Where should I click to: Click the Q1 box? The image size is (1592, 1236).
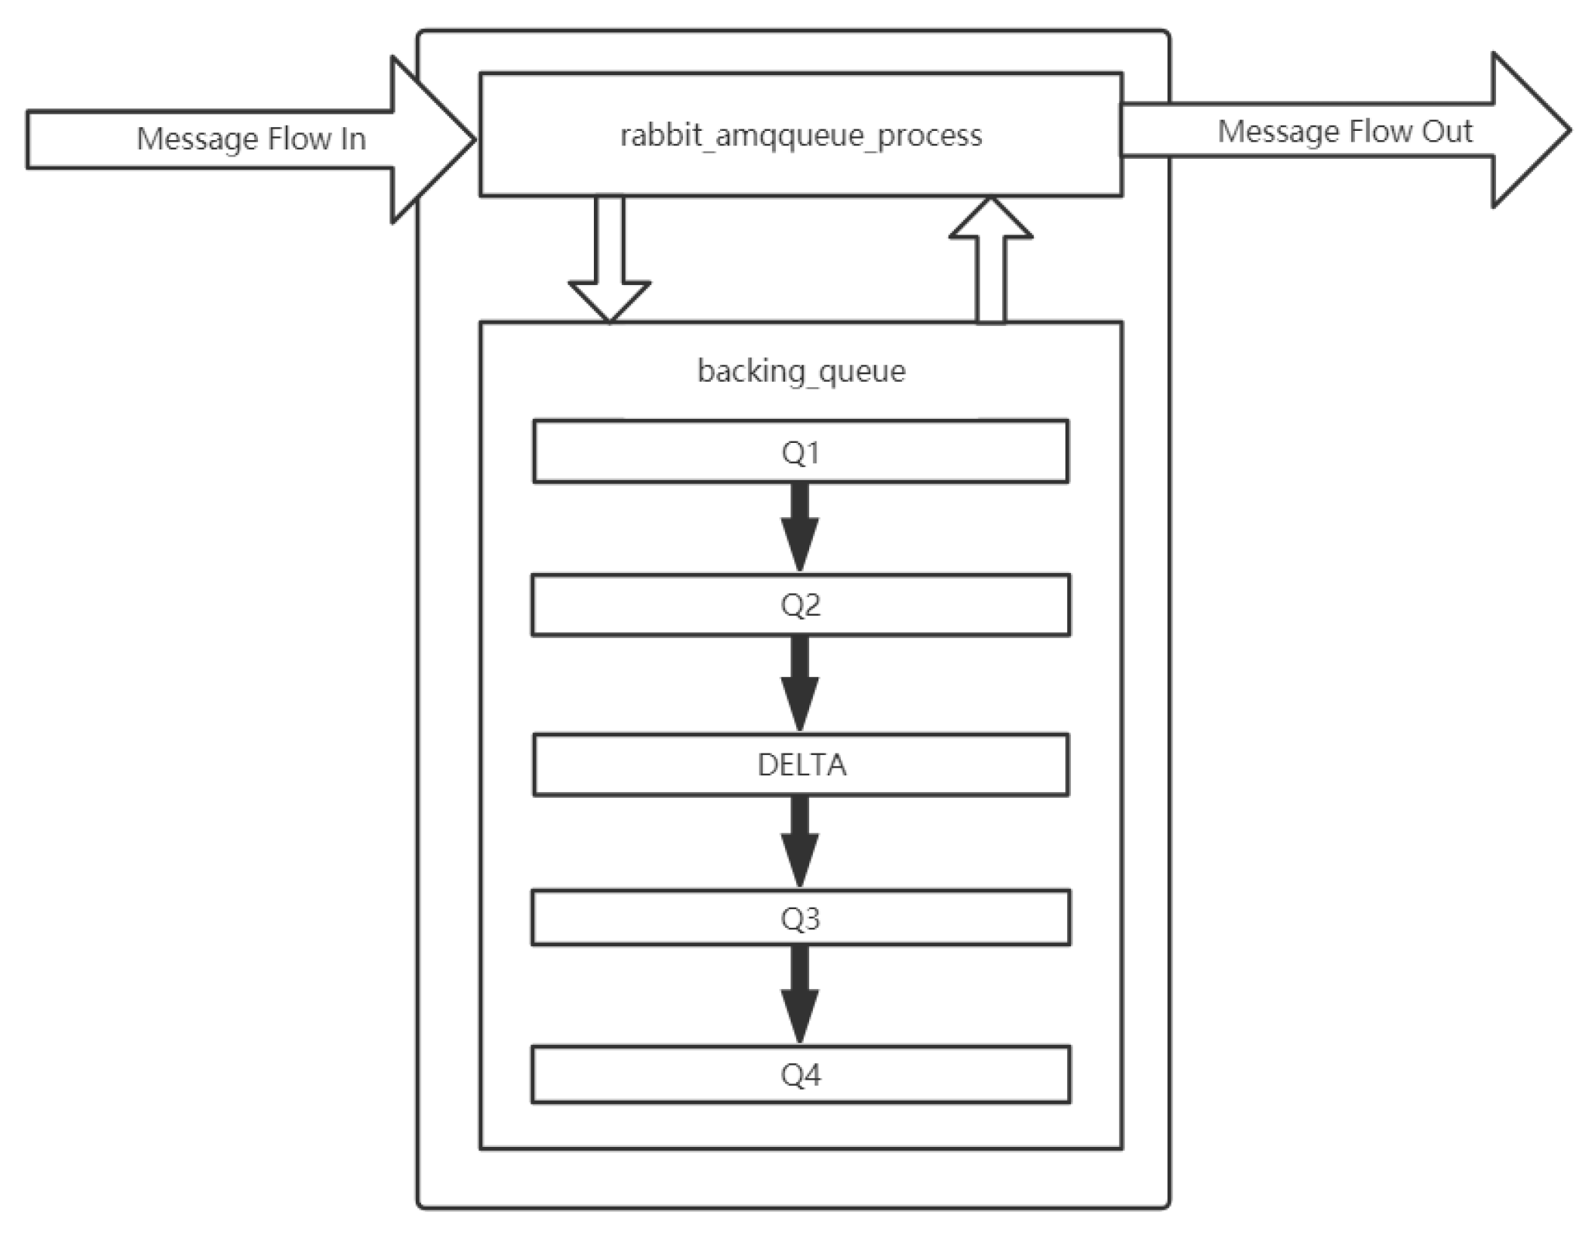[x=800, y=452]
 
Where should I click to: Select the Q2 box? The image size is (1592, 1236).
[x=800, y=605]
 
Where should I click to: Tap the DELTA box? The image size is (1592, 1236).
[x=801, y=765]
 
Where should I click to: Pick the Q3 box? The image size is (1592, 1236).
[x=800, y=918]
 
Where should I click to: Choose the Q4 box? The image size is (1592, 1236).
[x=800, y=1075]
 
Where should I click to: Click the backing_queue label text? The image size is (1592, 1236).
[x=801, y=372]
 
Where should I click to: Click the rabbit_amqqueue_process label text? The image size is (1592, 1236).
[x=801, y=136]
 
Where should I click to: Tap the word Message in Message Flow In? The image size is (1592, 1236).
[x=197, y=139]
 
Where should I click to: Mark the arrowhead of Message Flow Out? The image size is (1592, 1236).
[x=1529, y=130]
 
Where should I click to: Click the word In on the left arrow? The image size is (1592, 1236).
[x=352, y=139]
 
